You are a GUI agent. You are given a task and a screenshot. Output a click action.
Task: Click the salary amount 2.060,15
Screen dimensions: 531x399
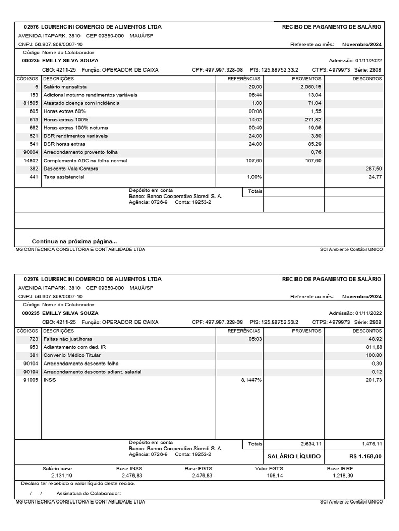(x=311, y=87)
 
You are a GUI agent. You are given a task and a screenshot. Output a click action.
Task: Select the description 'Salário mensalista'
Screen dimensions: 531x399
(x=65, y=87)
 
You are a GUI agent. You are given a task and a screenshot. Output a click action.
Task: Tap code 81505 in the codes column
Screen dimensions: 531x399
(x=31, y=103)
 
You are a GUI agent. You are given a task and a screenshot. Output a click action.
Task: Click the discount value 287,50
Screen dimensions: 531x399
(x=374, y=169)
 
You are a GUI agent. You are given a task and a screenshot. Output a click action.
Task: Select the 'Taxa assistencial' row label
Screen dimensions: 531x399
(x=63, y=177)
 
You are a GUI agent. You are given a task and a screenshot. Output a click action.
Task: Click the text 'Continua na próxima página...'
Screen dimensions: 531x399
(x=74, y=241)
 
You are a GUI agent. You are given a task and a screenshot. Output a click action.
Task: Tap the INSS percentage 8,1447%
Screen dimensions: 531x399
(x=251, y=380)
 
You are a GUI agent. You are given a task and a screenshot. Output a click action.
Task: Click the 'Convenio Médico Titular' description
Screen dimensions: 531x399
(x=72, y=355)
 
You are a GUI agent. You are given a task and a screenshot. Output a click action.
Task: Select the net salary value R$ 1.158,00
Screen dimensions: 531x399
(x=366, y=456)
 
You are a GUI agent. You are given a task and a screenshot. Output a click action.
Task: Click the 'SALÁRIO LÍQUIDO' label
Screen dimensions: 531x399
(x=294, y=456)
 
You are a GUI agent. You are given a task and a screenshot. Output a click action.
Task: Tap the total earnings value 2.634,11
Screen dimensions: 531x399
(x=312, y=444)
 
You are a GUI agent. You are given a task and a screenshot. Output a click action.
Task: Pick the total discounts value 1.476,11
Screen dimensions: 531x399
(x=372, y=444)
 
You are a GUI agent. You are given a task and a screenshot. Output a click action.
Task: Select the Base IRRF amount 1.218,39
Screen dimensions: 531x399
(x=342, y=475)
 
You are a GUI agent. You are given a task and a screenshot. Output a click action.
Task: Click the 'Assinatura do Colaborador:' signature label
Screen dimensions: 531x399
(x=88, y=493)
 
